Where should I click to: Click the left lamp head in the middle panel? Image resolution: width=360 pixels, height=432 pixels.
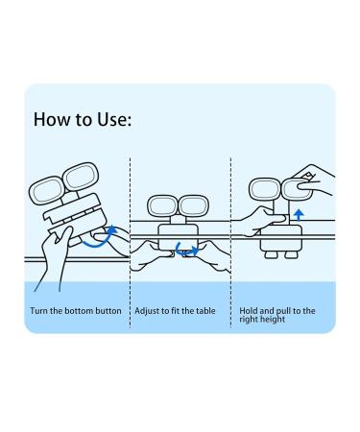coord(160,206)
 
